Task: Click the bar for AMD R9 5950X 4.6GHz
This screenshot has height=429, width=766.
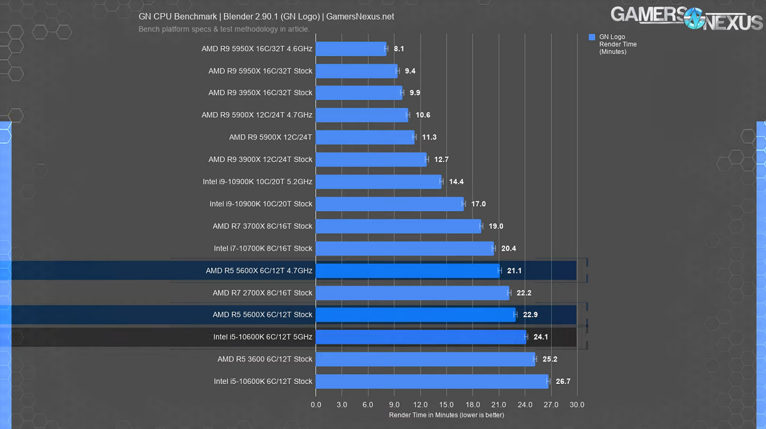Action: [350, 49]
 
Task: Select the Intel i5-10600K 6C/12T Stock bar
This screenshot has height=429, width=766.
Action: [431, 382]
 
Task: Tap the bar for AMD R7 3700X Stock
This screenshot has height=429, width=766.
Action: [398, 226]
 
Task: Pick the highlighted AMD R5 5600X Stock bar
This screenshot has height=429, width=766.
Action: [415, 315]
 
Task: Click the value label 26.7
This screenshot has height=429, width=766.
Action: [563, 382]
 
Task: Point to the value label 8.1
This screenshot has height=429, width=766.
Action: [399, 49]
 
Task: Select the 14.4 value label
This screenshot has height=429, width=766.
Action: [456, 182]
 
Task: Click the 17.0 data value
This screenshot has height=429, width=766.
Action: [478, 204]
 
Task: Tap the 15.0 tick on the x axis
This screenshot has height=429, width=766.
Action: [446, 405]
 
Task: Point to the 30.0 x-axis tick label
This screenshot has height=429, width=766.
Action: [577, 405]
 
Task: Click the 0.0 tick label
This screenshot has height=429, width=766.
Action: [316, 405]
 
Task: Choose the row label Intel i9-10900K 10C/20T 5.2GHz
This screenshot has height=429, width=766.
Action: [257, 182]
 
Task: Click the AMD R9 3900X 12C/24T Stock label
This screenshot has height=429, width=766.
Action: [260, 160]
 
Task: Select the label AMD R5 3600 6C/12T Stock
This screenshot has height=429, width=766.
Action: [265, 359]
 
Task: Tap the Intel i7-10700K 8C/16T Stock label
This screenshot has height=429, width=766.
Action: [263, 248]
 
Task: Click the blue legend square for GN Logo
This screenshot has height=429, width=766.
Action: [592, 37]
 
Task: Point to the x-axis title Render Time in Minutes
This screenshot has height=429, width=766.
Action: [446, 415]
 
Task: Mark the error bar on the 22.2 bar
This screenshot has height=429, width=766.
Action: [509, 293]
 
